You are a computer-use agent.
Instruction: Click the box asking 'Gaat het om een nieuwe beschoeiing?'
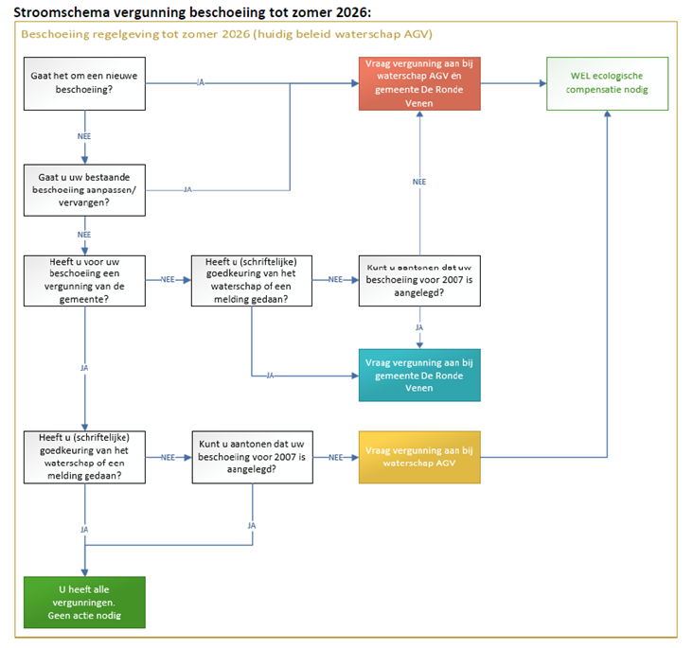(85, 83)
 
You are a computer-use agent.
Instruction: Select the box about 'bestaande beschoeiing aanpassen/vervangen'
(85, 190)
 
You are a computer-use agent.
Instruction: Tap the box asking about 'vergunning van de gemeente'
(85, 280)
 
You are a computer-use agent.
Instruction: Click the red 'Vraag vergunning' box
(419, 83)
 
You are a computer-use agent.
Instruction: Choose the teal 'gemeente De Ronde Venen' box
(419, 375)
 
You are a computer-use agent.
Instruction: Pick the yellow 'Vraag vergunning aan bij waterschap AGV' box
(419, 457)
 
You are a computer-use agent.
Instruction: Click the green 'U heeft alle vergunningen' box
(85, 603)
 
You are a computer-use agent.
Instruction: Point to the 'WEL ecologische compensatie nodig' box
(607, 83)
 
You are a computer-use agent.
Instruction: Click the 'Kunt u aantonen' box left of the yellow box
(252, 457)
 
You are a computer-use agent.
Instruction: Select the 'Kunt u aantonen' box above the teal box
(419, 280)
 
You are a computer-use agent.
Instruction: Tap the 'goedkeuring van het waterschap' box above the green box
(85, 457)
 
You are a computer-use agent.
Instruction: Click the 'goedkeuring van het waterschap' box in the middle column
(252, 280)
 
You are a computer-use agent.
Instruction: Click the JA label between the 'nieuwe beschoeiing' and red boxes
(200, 83)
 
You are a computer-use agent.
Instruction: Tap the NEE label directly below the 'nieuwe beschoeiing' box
(85, 136)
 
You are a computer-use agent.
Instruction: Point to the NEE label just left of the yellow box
(336, 457)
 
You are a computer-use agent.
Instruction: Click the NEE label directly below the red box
(419, 182)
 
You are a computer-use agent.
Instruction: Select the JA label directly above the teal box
(419, 327)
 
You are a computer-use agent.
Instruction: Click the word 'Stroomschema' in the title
(61, 11)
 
